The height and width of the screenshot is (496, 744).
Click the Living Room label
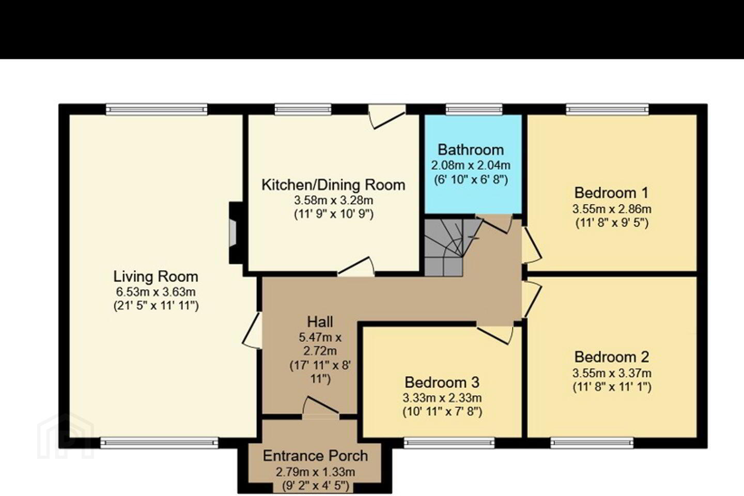[x=156, y=276]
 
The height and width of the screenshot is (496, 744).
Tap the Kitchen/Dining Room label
[x=333, y=185]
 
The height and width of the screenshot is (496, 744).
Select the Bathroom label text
[x=471, y=150]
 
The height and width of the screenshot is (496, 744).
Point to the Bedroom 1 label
[x=612, y=193]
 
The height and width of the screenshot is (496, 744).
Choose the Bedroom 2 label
[x=612, y=357]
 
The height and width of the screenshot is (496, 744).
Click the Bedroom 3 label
[x=442, y=382]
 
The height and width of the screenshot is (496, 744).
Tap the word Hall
[x=320, y=321]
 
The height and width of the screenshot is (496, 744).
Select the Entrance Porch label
[x=315, y=456]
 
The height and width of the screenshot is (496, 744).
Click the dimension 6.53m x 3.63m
[x=156, y=292]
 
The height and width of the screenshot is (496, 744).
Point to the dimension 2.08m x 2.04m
[x=471, y=165]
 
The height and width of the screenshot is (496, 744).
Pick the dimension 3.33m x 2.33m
[x=442, y=397]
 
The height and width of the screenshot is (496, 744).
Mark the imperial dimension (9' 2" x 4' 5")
[x=316, y=486]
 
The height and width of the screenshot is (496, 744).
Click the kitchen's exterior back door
[x=388, y=117]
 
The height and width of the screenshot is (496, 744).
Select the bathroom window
[x=474, y=110]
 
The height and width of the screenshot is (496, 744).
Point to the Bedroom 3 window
[x=449, y=443]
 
